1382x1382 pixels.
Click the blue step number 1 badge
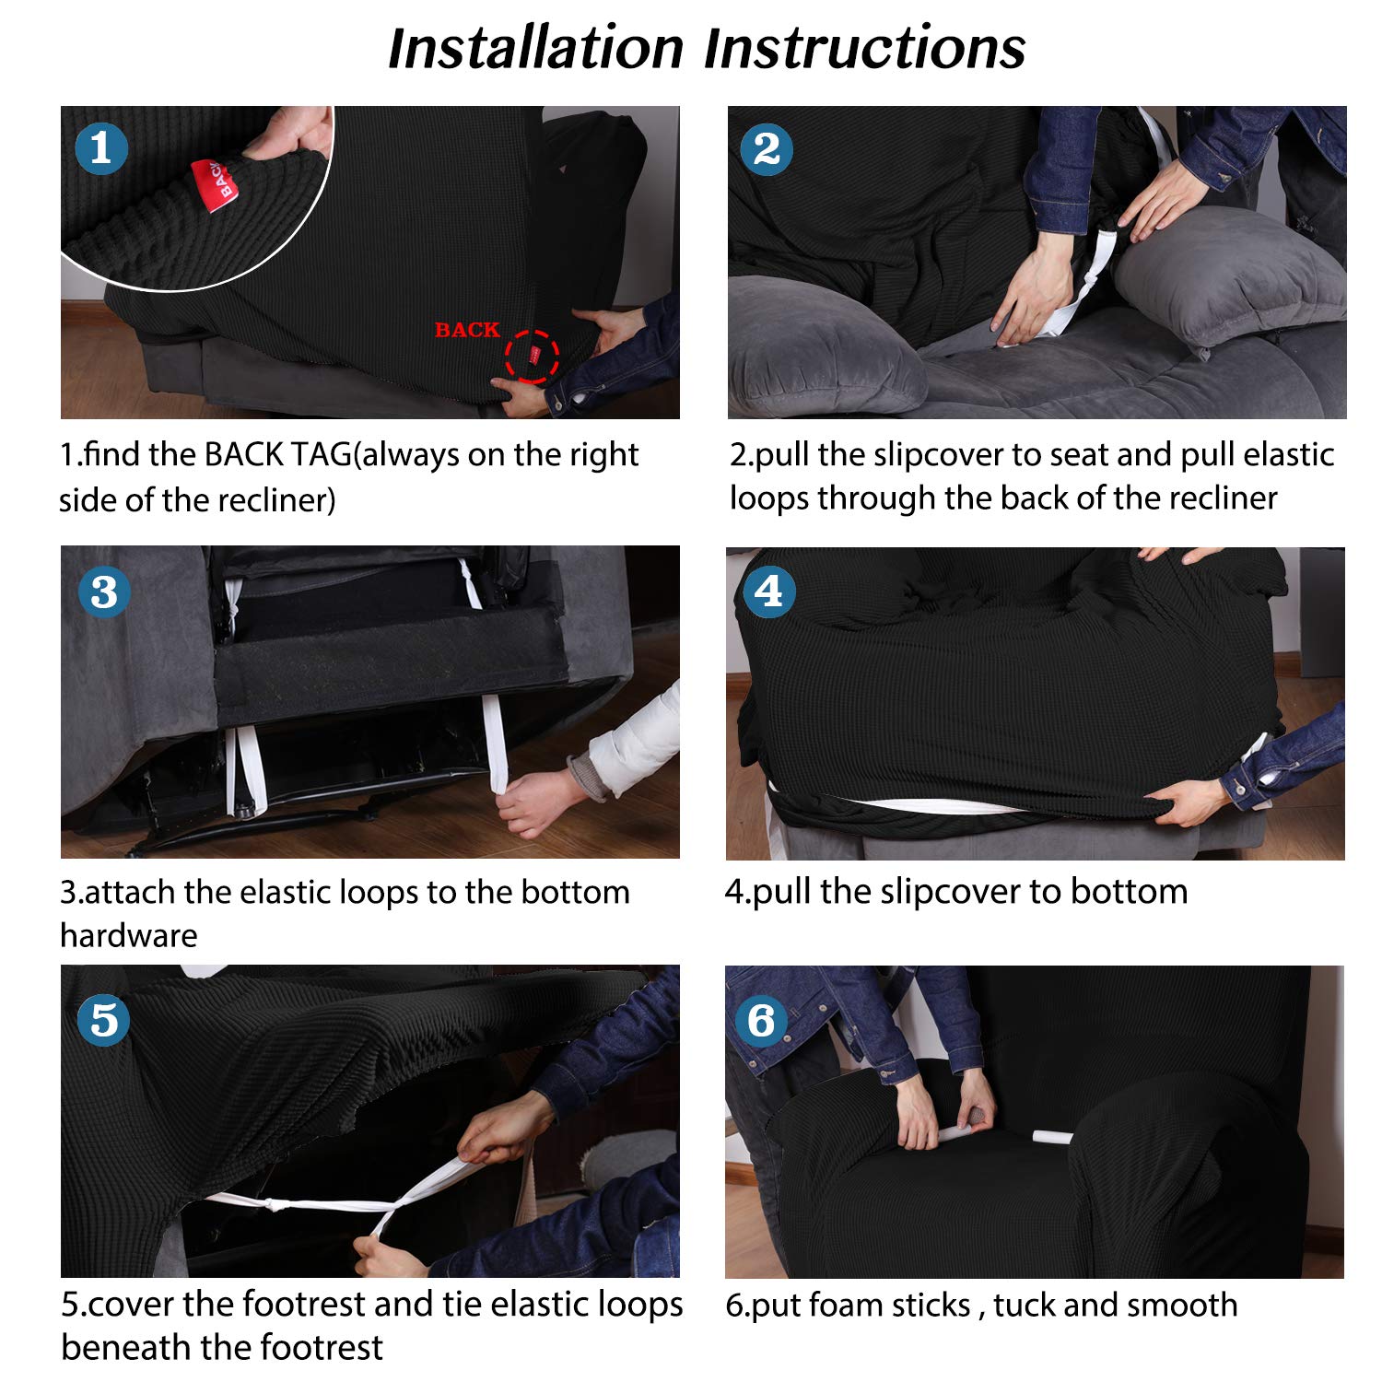tap(101, 149)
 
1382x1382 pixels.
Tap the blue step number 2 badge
tap(767, 149)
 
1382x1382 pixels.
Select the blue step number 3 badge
tap(104, 591)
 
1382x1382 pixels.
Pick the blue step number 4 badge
tap(768, 591)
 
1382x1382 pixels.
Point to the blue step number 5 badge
tap(104, 1020)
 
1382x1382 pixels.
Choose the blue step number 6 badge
tap(762, 1020)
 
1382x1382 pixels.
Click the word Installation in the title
tap(535, 48)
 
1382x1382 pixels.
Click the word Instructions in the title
tap(865, 48)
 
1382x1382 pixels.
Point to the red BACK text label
tap(467, 330)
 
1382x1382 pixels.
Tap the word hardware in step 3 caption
tap(129, 935)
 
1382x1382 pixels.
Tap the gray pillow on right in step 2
tap(1230, 276)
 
